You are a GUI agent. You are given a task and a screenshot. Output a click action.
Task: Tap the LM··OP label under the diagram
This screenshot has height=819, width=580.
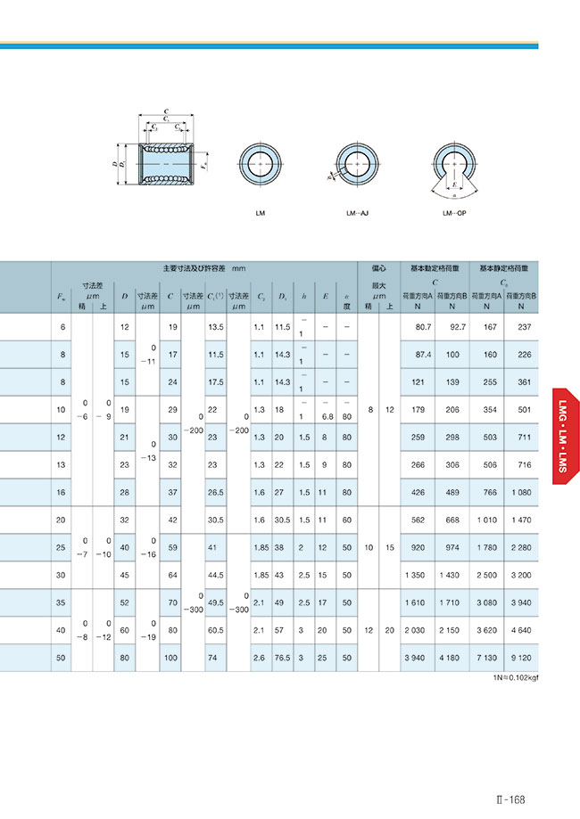[x=454, y=214]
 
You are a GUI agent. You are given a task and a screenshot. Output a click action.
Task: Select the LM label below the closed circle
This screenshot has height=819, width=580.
[x=260, y=214]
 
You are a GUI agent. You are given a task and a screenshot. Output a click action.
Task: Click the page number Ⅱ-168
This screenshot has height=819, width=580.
[x=517, y=799]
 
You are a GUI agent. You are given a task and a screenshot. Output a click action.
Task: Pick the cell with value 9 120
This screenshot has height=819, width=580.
[x=524, y=658]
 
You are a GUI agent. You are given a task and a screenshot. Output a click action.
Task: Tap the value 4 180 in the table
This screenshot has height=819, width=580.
[x=452, y=658]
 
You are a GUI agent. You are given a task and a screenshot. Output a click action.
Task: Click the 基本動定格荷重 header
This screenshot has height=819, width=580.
[x=433, y=267]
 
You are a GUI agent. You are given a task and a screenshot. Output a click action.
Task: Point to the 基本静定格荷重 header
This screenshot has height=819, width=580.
[x=503, y=267]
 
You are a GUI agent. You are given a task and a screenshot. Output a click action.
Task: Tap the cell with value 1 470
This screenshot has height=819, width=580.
[x=524, y=520]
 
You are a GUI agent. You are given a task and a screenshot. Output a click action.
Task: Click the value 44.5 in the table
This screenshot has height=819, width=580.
[x=215, y=576]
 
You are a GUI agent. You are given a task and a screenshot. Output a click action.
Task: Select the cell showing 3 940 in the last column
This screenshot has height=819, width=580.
[x=524, y=603]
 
